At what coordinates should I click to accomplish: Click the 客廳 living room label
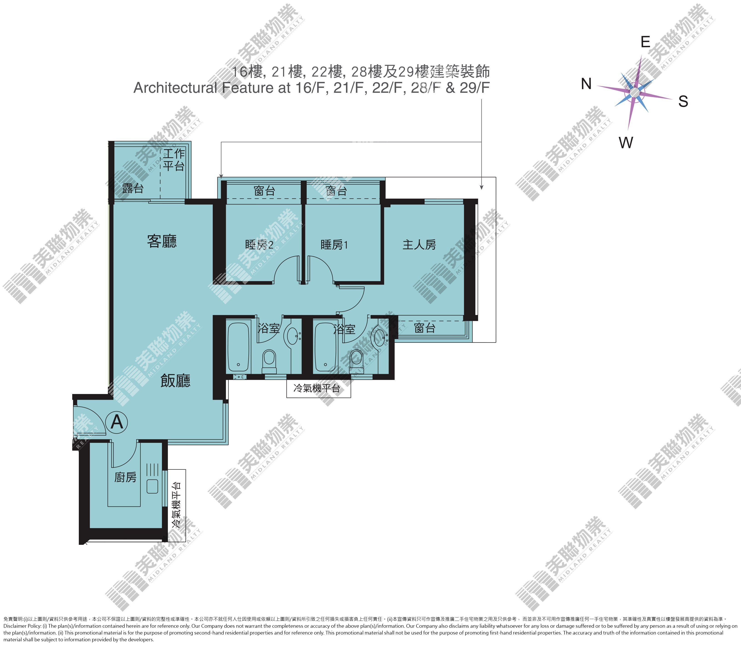(162, 241)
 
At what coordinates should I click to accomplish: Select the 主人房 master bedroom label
(419, 245)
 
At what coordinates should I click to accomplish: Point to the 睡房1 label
(334, 245)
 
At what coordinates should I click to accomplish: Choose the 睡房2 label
(259, 245)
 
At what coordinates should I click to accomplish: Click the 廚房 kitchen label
(125, 477)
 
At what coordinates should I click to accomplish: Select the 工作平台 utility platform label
(174, 160)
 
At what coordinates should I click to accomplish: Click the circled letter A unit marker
(117, 421)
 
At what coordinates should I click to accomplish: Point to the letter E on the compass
(645, 42)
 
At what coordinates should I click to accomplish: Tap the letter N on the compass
(586, 84)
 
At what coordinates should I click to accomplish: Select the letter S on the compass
(683, 102)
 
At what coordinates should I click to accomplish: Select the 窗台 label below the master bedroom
(424, 328)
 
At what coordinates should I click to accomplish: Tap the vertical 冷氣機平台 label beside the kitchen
(176, 506)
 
